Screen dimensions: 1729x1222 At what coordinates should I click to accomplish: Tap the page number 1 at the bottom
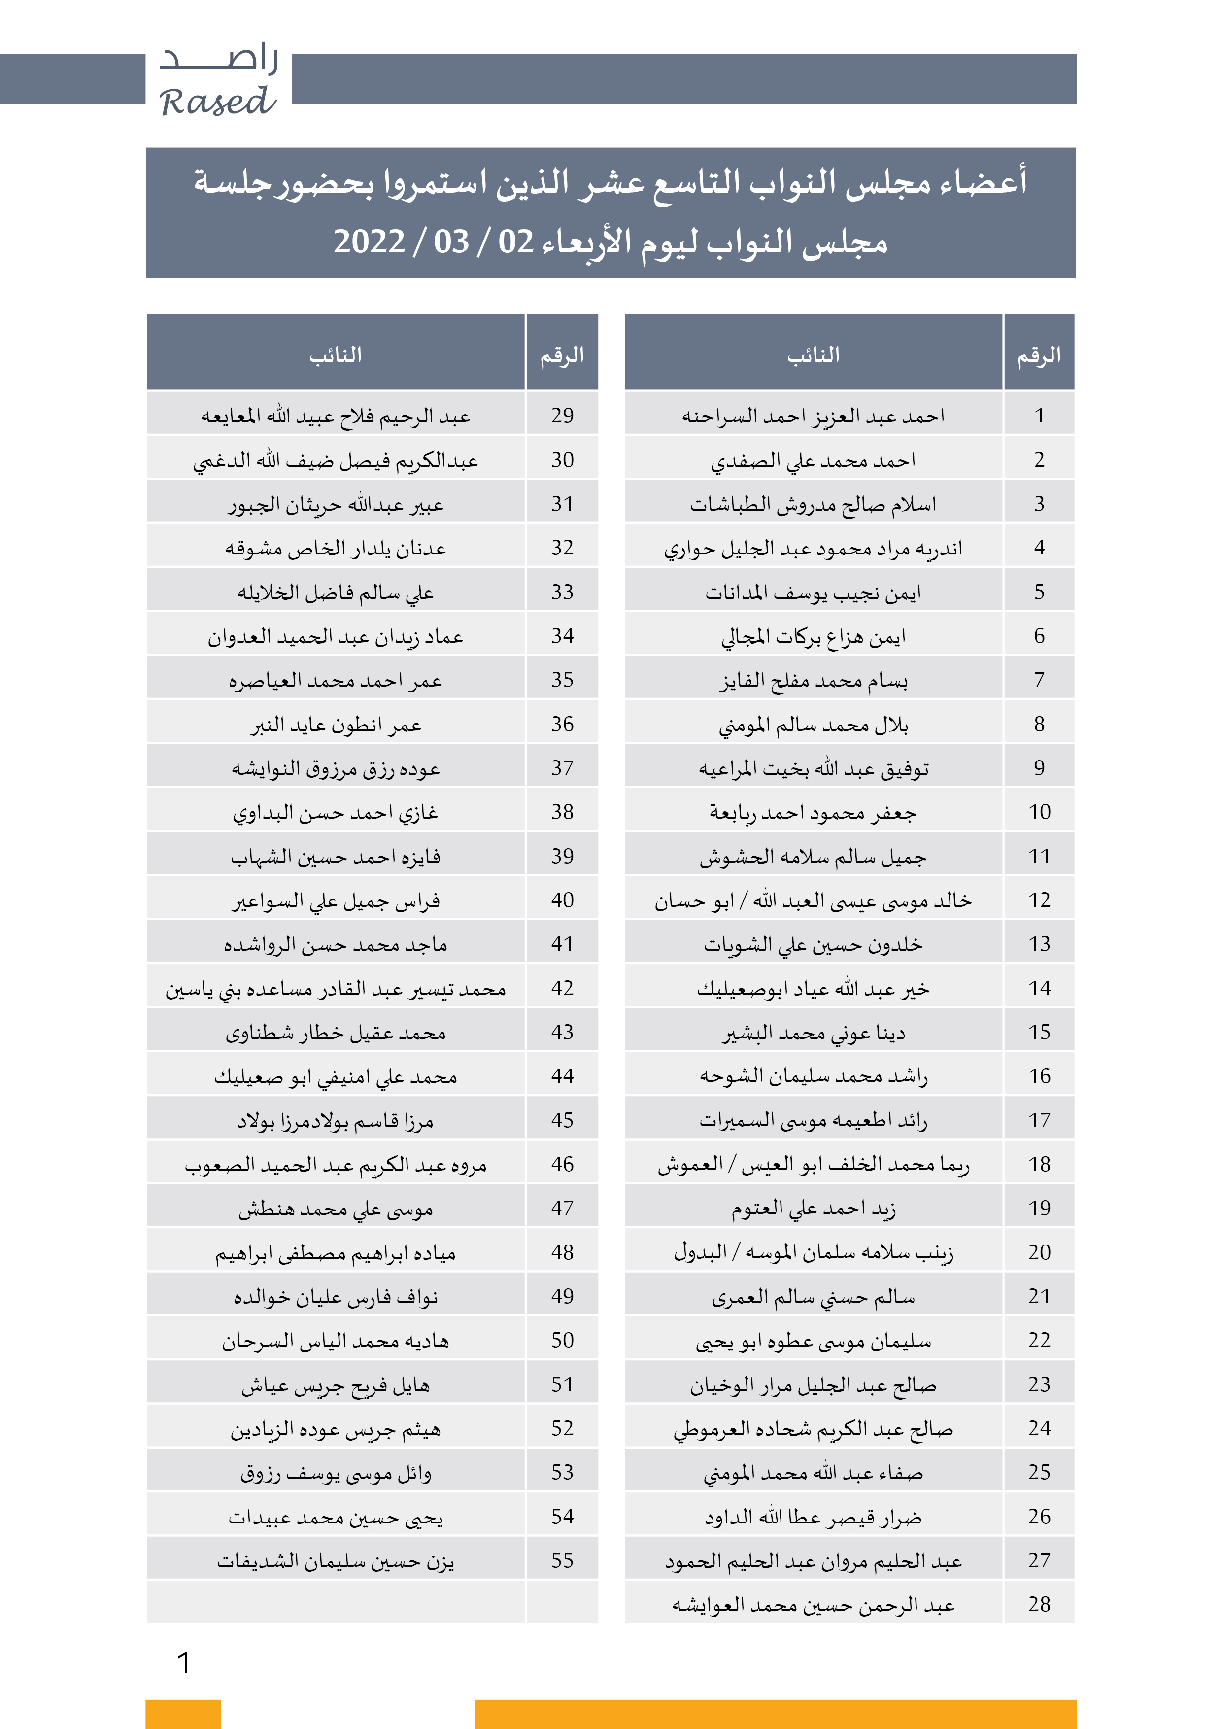[x=184, y=1662]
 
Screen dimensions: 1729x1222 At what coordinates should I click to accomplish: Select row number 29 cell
[x=562, y=415]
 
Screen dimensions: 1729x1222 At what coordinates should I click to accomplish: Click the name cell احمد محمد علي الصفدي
[x=813, y=460]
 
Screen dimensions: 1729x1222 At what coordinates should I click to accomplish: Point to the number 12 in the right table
[x=1039, y=900]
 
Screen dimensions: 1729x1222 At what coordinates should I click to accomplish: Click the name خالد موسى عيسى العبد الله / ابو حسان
[x=813, y=900]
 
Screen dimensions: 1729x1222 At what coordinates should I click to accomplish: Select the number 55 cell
[x=562, y=1560]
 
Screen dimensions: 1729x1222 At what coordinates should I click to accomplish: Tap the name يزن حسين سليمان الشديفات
[x=336, y=1561]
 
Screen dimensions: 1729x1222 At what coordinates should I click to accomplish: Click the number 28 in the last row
[x=1039, y=1605]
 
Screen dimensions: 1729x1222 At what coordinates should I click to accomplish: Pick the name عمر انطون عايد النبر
[x=336, y=725]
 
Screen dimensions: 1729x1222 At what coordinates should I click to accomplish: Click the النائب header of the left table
[x=336, y=354]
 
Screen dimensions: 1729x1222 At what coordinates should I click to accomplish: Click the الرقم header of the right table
[x=1039, y=354]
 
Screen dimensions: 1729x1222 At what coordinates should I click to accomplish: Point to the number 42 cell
[x=562, y=988]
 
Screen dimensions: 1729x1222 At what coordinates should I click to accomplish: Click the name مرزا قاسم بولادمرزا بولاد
[x=336, y=1120]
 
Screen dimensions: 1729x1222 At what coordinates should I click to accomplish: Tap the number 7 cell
[x=1039, y=680]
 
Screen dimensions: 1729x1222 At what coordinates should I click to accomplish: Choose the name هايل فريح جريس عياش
[x=336, y=1385]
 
